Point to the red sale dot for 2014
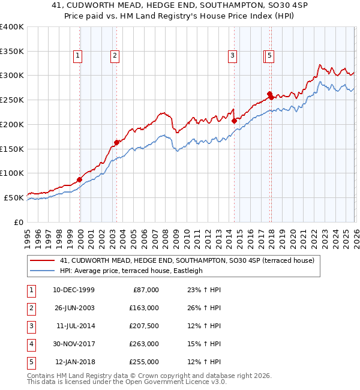point(234,121)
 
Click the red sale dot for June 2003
point(116,142)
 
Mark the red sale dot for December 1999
point(79,179)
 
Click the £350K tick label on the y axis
point(12,51)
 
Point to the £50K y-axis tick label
point(14,197)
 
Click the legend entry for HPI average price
point(131,271)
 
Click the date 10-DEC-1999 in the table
point(74,290)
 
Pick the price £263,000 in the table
point(145,344)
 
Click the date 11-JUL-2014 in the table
point(75,326)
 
